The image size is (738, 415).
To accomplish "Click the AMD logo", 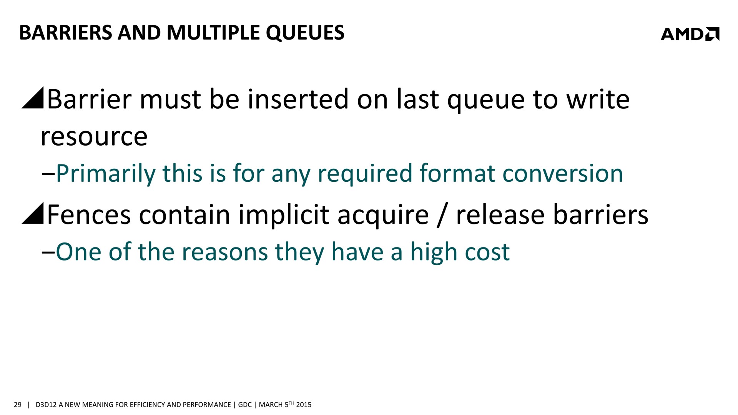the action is point(690,34).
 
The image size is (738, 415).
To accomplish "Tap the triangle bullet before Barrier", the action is point(33,98).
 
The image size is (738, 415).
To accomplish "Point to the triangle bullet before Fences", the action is point(33,213).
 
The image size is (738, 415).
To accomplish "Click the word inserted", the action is point(298,99).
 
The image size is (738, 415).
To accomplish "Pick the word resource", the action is point(94,137).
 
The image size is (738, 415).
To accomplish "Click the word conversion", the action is point(563,174).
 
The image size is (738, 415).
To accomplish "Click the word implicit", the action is point(284,215).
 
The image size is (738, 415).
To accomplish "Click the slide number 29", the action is point(17,405).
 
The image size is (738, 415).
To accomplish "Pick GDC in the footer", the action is point(244,405).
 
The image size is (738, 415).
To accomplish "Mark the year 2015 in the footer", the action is point(304,405).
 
